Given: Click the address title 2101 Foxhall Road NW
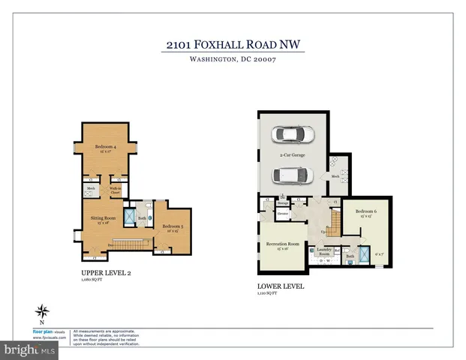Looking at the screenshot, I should [235, 44].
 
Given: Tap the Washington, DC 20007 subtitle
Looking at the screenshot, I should [235, 61].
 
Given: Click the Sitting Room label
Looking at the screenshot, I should [101, 218].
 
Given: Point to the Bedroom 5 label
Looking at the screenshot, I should [173, 226].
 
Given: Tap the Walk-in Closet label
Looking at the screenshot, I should [116, 190].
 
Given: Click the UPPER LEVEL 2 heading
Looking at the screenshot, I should [107, 273].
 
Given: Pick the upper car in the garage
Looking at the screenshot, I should [294, 134].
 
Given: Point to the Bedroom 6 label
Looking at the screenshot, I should [365, 211].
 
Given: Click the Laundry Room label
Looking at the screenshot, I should [324, 253].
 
